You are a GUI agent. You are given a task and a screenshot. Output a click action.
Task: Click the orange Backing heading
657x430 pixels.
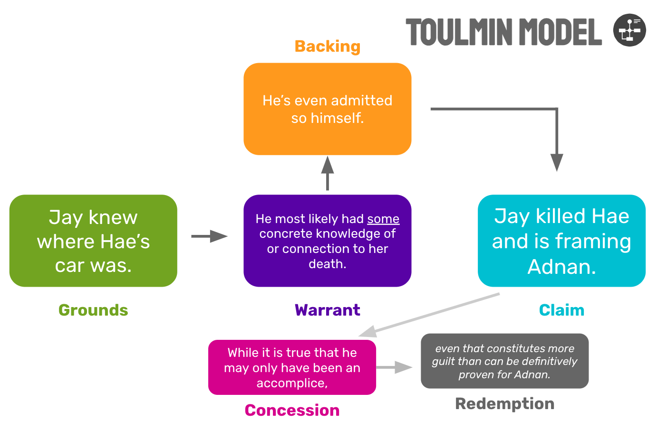327,47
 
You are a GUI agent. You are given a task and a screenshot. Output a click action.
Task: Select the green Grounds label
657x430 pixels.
93,310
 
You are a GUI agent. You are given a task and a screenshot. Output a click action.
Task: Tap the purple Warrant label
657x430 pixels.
327,310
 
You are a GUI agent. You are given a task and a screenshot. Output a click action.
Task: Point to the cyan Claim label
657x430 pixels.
561,310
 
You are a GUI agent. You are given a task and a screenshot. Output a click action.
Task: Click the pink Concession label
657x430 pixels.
292,410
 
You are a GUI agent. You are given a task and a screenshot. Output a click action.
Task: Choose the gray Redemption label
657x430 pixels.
504,403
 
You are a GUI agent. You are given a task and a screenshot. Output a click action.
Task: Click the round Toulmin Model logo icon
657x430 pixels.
629,30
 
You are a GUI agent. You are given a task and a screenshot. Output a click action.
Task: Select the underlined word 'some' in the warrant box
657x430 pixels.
383,219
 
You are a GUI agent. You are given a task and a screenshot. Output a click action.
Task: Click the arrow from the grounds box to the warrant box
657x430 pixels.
210,236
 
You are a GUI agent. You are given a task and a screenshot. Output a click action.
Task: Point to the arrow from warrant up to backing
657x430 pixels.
327,173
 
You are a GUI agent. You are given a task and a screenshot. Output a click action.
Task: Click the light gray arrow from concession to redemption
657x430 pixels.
394,367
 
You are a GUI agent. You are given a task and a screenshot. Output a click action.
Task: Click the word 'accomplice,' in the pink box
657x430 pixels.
292,383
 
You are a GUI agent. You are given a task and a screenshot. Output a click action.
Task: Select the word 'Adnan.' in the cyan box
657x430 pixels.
561,267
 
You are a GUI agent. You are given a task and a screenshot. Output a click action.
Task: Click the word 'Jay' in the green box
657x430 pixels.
66,217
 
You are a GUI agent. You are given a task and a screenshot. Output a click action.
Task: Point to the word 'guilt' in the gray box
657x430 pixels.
443,362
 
